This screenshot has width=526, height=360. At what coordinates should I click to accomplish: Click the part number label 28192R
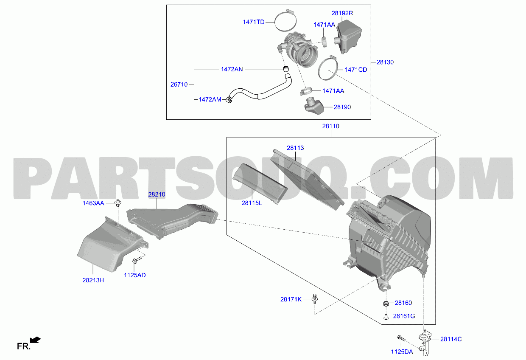342,13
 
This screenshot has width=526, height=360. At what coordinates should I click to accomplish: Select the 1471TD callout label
254,22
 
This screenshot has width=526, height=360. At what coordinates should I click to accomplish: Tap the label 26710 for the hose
179,84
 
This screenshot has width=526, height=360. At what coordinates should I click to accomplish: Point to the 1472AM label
210,100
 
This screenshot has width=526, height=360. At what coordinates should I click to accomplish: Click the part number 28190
342,107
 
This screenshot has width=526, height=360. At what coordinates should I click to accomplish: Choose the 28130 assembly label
385,62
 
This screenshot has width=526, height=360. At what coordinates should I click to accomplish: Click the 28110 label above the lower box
330,126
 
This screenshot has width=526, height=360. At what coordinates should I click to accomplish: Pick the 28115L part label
252,203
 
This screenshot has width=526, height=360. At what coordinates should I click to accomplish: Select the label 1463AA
93,203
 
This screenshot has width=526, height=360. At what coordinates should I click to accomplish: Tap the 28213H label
93,280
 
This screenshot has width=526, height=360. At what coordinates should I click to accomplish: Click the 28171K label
291,299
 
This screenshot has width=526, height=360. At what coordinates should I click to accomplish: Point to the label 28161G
404,316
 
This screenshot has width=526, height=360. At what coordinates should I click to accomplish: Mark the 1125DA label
402,352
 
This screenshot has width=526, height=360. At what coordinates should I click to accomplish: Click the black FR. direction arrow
36,340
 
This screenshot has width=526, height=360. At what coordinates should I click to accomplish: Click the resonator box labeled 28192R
348,36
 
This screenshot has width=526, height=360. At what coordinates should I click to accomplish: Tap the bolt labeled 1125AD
137,260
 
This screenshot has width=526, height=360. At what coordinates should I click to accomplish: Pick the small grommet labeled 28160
386,304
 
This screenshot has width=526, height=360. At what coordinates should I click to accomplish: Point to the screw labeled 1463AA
118,203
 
